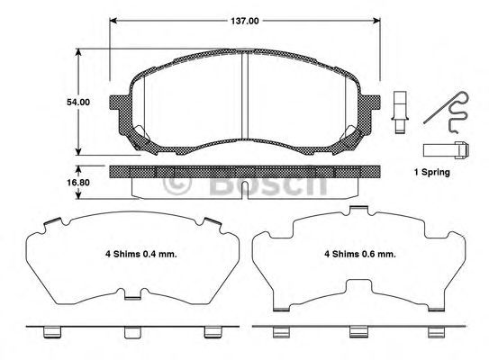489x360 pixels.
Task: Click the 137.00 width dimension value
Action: (245, 21)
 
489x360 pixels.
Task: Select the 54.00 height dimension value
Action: (78, 102)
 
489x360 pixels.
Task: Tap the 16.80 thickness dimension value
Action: (78, 183)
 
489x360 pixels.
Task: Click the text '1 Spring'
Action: (432, 172)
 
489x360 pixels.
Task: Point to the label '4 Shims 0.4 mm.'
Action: (141, 254)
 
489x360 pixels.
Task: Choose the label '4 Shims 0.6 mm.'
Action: (360, 254)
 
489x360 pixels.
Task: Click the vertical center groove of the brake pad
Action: (245, 95)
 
